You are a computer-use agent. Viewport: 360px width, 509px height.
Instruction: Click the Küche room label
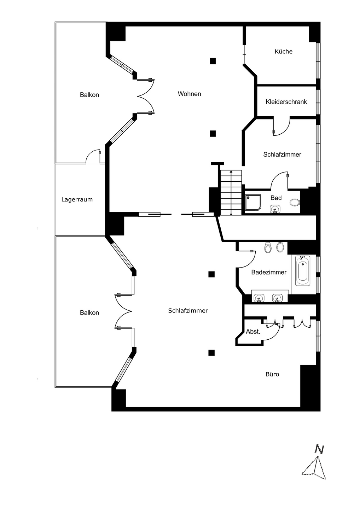[283, 52]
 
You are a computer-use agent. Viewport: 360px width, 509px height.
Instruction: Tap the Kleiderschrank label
[286, 102]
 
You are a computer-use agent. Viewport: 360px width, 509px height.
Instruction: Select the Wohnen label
[189, 94]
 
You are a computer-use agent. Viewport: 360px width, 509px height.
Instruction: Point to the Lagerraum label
[77, 199]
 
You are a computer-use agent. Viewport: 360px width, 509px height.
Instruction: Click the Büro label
[272, 374]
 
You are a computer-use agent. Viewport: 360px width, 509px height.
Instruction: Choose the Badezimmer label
[269, 272]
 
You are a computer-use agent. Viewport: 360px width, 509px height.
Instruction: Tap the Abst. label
[253, 332]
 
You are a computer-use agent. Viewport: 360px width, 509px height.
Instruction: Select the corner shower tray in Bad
[253, 203]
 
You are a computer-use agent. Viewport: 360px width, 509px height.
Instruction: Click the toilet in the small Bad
[295, 203]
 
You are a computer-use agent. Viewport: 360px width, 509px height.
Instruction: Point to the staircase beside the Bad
[231, 193]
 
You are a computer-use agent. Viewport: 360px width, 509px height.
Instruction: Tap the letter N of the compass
[319, 449]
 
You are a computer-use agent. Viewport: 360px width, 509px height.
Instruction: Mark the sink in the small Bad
[275, 209]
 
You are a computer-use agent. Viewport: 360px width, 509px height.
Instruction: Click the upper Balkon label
[89, 95]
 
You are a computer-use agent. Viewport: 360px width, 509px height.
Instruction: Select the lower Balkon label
[89, 313]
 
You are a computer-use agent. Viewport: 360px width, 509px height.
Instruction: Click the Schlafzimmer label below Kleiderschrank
[282, 154]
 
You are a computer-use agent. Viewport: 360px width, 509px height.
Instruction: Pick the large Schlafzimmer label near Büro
[188, 311]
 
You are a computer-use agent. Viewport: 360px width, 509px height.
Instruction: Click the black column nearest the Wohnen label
[213, 61]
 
